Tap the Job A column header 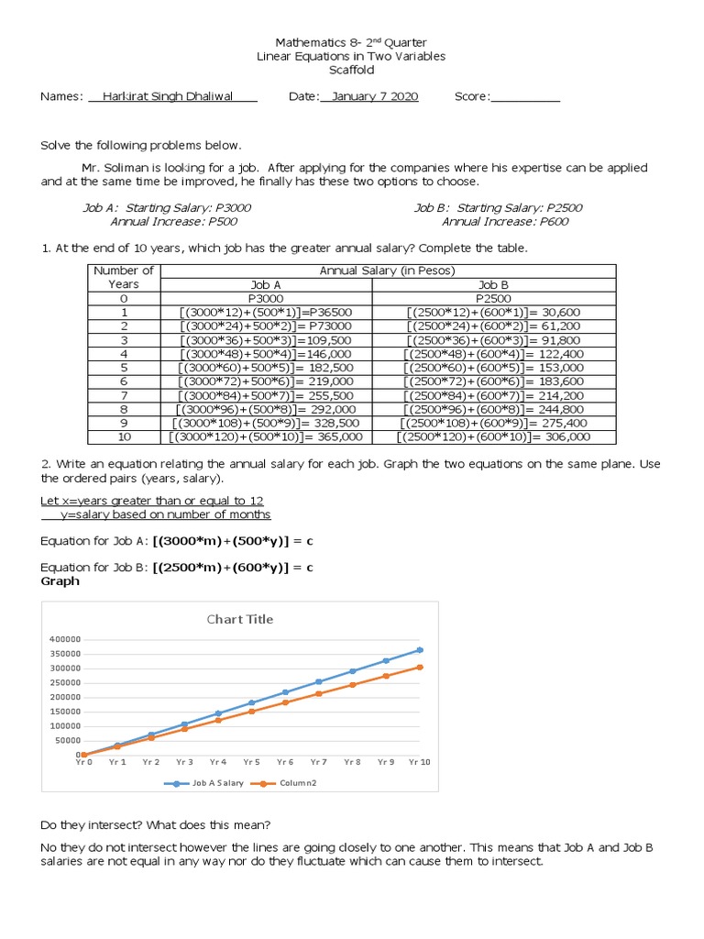[266, 285]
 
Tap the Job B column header [493, 285]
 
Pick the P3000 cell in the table [266, 299]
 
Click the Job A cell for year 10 [266, 437]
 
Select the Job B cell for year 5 [493, 368]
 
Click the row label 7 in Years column [125, 395]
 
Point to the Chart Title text [238, 619]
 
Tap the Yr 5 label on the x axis [251, 762]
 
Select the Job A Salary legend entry [213, 784]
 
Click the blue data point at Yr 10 [420, 649]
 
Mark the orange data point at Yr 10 [420, 667]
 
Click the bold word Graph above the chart [60, 581]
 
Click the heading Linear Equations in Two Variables [350, 57]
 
